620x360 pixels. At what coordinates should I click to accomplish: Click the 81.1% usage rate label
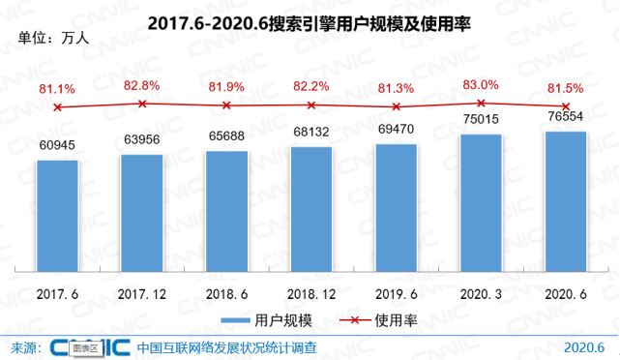(57, 89)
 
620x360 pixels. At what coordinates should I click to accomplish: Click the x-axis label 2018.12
(311, 291)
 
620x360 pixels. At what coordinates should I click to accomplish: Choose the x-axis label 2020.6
(565, 291)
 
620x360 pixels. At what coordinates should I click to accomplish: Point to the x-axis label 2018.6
(226, 291)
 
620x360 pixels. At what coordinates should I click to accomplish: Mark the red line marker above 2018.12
(311, 105)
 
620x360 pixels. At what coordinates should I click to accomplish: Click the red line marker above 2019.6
(396, 106)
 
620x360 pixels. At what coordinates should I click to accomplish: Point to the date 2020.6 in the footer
(583, 346)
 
